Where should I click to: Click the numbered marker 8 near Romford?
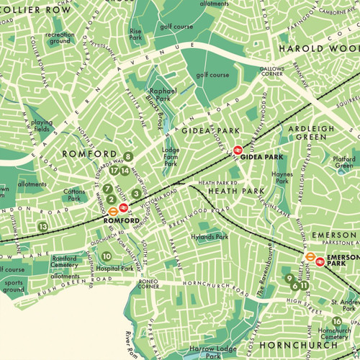pyautogui.click(x=128, y=156)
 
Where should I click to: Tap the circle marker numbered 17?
pyautogui.click(x=114, y=171)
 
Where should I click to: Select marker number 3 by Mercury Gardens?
pyautogui.click(x=135, y=193)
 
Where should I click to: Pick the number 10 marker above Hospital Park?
pyautogui.click(x=107, y=256)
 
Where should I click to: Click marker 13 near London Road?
pyautogui.click(x=43, y=227)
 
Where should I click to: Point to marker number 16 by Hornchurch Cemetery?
pyautogui.click(x=336, y=321)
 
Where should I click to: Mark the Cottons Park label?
pyautogui.click(x=74, y=194)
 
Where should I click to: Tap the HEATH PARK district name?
pyautogui.click(x=230, y=192)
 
